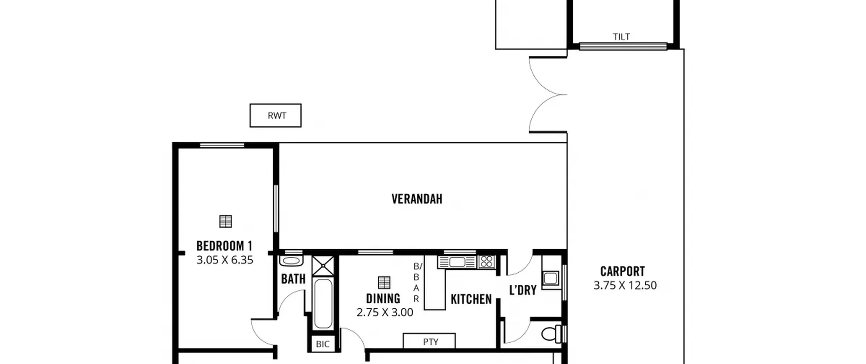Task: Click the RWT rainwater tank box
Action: pos(275,115)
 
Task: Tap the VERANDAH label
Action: pos(417,199)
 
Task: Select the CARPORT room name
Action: pos(622,271)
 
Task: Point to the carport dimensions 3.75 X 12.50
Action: pos(625,285)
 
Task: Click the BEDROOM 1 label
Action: pos(224,246)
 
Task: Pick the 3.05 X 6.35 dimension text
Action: pos(225,260)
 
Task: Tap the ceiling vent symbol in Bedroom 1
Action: pos(226,221)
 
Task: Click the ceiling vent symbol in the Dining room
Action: pos(384,282)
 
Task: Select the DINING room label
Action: pos(383,299)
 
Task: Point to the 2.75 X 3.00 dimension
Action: pos(385,312)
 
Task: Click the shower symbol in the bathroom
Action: pos(323,266)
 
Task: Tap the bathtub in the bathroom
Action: pos(323,303)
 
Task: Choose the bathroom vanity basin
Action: pos(291,261)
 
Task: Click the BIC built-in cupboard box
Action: pos(323,344)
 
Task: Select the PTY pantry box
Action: pos(429,341)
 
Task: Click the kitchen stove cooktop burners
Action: pos(487,262)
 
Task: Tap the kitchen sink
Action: pos(457,262)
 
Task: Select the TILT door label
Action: pos(621,37)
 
